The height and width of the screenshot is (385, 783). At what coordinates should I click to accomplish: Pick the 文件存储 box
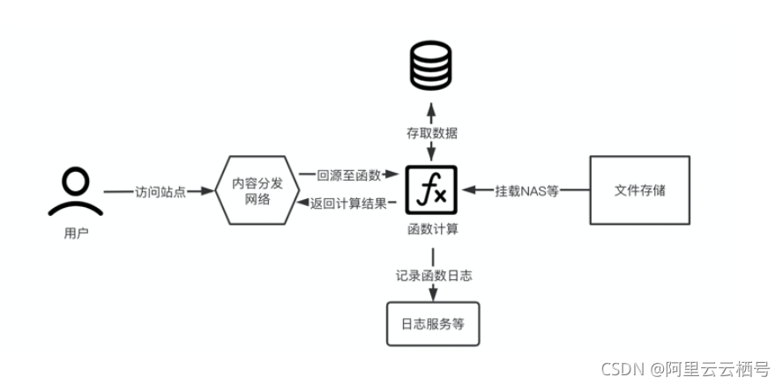pyautogui.click(x=638, y=190)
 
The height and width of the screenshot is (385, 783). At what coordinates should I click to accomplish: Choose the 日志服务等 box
pyautogui.click(x=432, y=323)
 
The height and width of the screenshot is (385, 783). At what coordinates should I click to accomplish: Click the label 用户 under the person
pyautogui.click(x=76, y=234)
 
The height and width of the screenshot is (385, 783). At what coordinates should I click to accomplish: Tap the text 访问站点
pyautogui.click(x=160, y=191)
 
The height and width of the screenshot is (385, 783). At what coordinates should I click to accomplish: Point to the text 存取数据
pyautogui.click(x=432, y=133)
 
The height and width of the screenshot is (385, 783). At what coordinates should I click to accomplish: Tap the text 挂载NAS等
pyautogui.click(x=526, y=190)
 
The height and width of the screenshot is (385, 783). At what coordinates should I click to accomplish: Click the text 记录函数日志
pyautogui.click(x=433, y=275)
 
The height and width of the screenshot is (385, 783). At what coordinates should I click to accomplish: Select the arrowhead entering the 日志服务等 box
pyautogui.click(x=432, y=296)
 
